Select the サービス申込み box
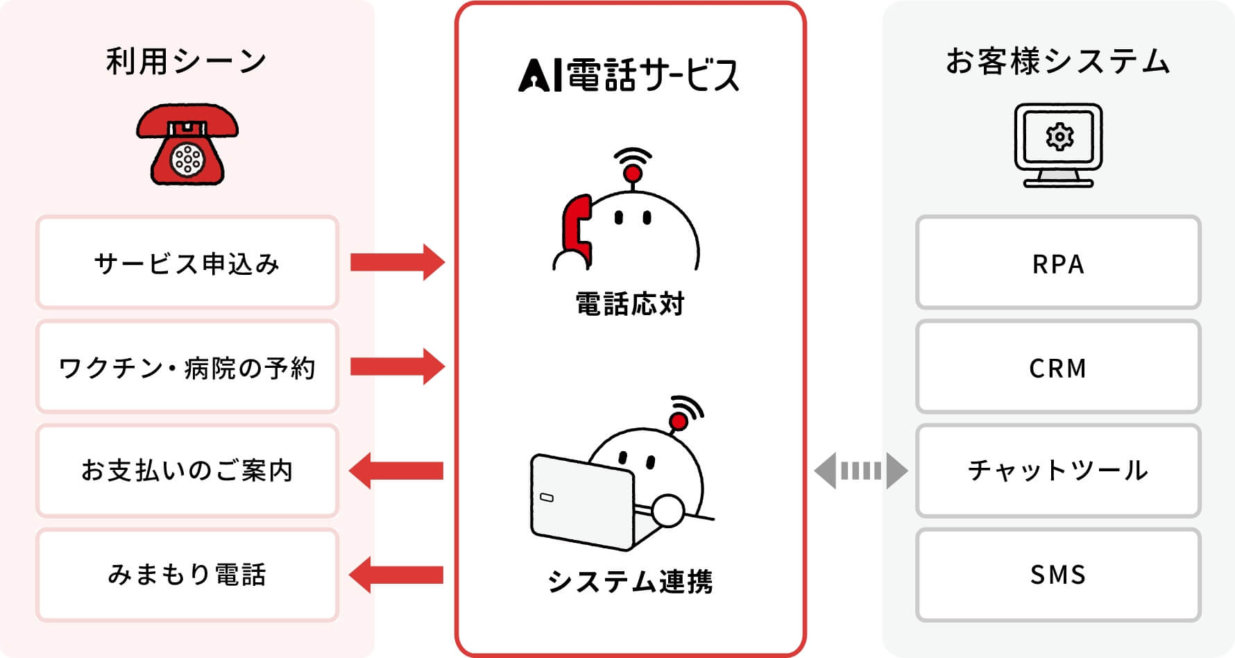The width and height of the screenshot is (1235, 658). click(187, 262)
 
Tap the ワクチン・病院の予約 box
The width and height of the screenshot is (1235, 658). click(187, 366)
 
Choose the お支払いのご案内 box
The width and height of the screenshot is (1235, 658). click(187, 471)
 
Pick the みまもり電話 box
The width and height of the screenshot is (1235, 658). click(187, 575)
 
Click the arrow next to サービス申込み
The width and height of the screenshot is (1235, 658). click(397, 262)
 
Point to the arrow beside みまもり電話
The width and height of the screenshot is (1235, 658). click(397, 575)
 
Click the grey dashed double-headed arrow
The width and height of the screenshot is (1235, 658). click(860, 471)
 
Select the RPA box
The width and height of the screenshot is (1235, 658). click(1057, 262)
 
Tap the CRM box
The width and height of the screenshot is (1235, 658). click(1057, 366)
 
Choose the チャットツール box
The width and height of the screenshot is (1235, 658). click(1057, 471)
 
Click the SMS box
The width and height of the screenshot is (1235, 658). click(1057, 575)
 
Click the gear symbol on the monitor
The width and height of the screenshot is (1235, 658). click(1059, 137)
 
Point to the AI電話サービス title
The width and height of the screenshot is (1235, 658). click(629, 75)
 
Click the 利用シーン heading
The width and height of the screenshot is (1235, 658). click(187, 61)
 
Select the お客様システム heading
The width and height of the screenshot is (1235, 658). click(1057, 61)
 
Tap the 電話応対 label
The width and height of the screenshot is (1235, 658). click(629, 304)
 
